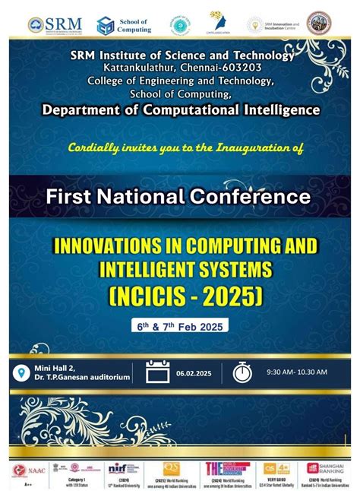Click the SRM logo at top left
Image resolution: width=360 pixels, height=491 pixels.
pyautogui.click(x=55, y=24)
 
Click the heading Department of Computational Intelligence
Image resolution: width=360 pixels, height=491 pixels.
pyautogui.click(x=180, y=109)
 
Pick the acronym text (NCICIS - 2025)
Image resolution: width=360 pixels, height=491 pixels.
pyautogui.click(x=180, y=295)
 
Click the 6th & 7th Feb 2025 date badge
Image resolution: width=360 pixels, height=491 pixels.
pyautogui.click(x=180, y=325)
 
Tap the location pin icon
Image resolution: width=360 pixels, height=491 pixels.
pyautogui.click(x=20, y=372)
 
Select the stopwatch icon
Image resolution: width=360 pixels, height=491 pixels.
pyautogui.click(x=242, y=372)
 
